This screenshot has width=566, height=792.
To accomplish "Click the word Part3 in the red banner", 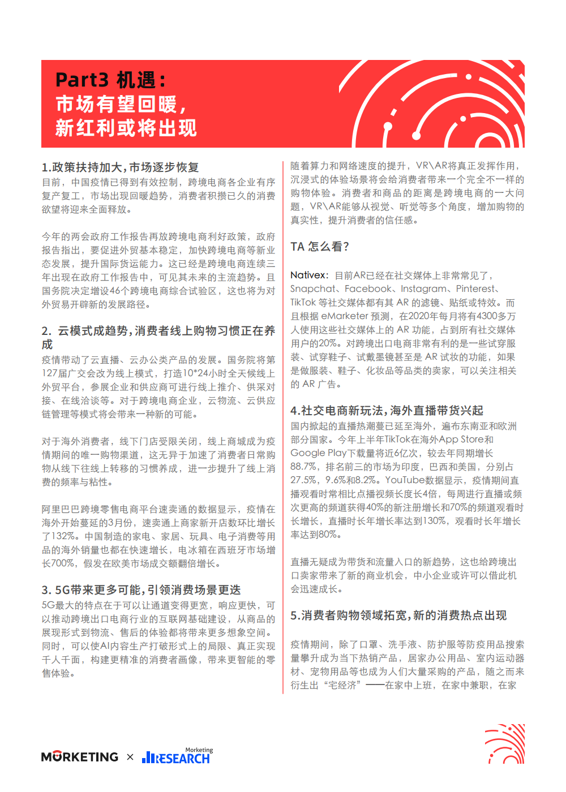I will click(x=82, y=80).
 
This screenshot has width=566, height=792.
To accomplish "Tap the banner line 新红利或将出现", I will click(x=126, y=128).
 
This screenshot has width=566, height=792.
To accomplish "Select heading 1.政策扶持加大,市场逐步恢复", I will click(x=120, y=167).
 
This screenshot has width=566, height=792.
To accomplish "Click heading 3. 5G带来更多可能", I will click(x=141, y=590).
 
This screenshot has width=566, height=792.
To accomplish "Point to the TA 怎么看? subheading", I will click(x=320, y=247).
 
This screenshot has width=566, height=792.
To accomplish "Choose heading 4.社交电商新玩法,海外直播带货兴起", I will click(x=387, y=410).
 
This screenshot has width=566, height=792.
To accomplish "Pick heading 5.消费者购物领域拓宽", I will click(x=398, y=615).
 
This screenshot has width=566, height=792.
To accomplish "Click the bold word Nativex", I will click(x=308, y=276).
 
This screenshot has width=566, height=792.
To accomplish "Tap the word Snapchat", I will click(x=312, y=289).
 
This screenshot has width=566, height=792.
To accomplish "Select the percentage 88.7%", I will click(x=303, y=467).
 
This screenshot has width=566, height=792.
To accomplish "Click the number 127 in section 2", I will click(x=49, y=373).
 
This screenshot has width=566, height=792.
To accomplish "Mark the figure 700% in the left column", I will click(x=63, y=563).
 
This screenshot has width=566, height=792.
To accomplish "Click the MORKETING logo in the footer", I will click(x=80, y=757).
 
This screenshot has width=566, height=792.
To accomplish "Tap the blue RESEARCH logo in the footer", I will click(x=177, y=757).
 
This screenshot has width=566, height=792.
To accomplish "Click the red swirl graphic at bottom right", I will click(x=505, y=743).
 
